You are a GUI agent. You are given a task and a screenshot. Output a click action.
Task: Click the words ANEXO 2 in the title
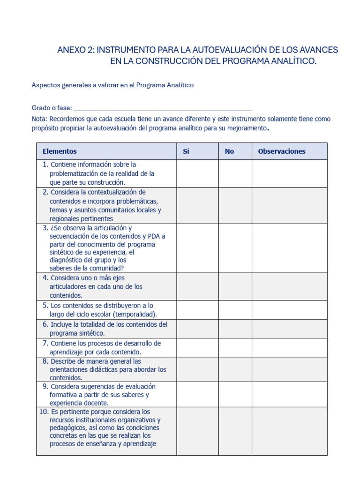point(75,50)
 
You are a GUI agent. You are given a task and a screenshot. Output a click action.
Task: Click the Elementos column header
point(60,151)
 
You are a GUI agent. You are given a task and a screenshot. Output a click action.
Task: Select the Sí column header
point(186,151)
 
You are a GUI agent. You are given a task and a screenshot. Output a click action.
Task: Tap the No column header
point(229,151)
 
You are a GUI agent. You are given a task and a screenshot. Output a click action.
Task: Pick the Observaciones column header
point(281,151)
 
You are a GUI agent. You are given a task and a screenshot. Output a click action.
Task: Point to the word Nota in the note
point(39,119)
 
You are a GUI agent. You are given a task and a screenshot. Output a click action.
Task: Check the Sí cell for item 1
point(197,173)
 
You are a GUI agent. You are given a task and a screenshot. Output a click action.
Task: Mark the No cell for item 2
point(235,205)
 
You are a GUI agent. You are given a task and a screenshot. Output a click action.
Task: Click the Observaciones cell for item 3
point(289,248)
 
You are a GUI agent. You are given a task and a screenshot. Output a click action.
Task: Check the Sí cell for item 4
point(197,286)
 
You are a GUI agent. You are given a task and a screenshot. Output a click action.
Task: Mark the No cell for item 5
point(235,310)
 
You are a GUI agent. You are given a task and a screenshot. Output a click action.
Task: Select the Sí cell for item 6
point(197,329)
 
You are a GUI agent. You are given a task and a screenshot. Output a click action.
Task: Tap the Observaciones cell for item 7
point(289,347)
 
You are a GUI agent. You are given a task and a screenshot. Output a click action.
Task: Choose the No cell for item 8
point(235,369)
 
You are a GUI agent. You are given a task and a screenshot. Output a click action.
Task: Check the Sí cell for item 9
point(197,394)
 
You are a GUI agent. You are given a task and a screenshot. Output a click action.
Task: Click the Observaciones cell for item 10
point(289,431)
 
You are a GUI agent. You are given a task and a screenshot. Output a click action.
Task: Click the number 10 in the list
point(44,412)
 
